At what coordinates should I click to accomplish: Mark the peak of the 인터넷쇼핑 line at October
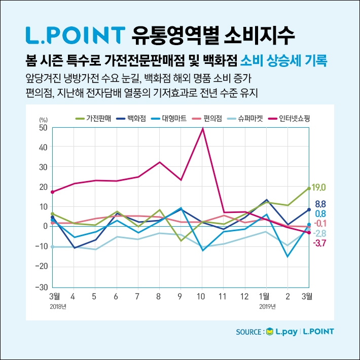click(x=203, y=129)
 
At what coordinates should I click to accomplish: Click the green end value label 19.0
click(x=319, y=188)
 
